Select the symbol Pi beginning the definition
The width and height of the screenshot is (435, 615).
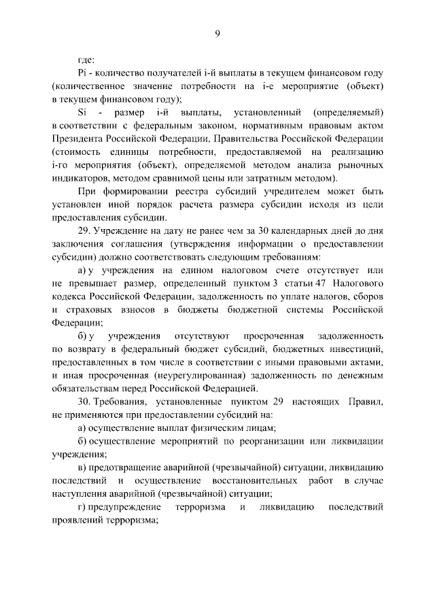tap(84, 73)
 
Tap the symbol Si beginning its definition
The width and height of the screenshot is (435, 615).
tap(83, 112)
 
